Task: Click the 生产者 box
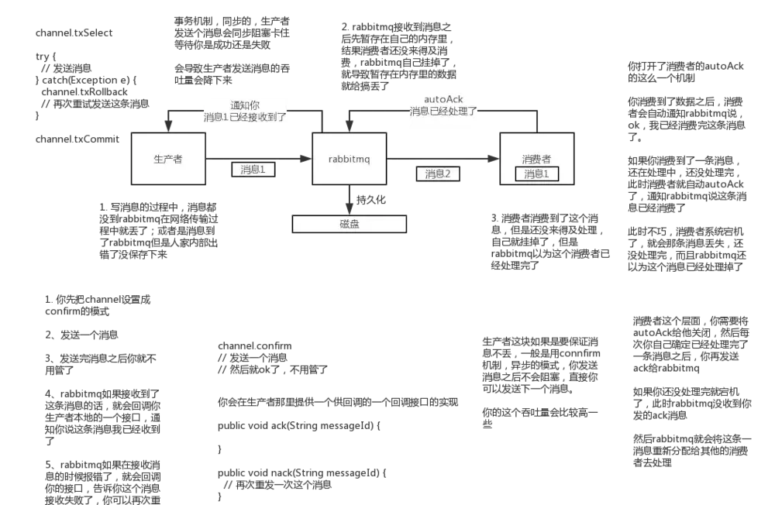(x=167, y=159)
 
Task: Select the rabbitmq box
(x=349, y=159)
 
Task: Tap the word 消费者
(x=536, y=157)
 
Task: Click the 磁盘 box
(x=350, y=225)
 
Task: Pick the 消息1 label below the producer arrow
(x=253, y=170)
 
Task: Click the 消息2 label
(x=438, y=174)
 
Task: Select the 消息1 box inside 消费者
(x=536, y=174)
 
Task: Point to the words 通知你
(x=245, y=105)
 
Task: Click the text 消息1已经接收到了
(x=245, y=118)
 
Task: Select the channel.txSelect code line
(x=75, y=33)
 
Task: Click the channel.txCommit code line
(x=76, y=140)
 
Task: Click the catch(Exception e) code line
(x=84, y=79)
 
